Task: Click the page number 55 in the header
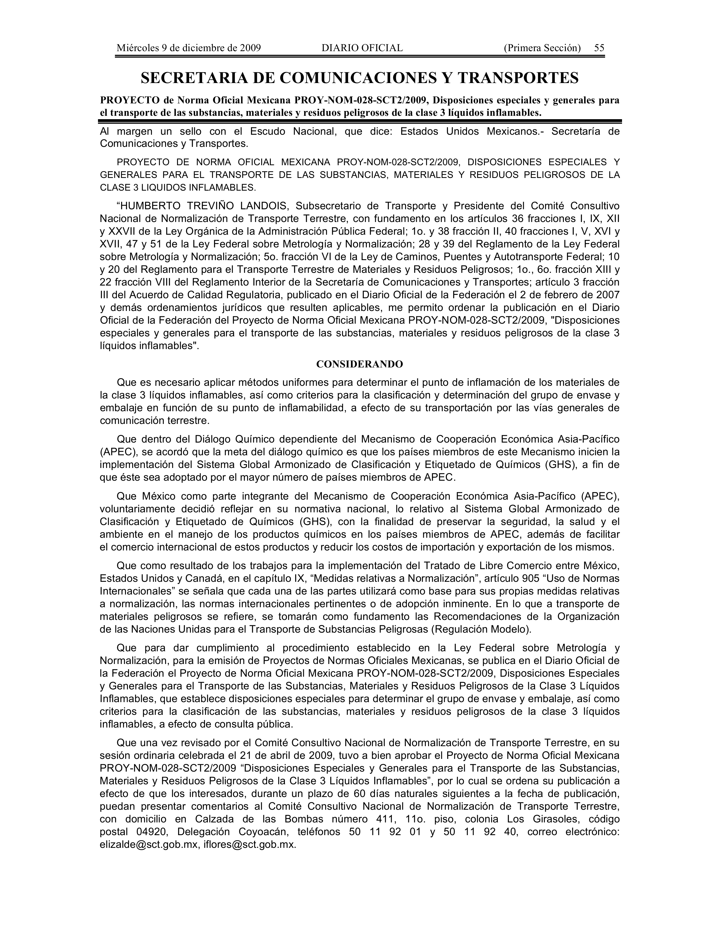[x=599, y=48]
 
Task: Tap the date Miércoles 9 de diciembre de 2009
[x=189, y=48]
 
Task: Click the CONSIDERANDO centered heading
[x=359, y=364]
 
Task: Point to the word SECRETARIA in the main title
[x=204, y=78]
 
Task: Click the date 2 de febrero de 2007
[x=569, y=295]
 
